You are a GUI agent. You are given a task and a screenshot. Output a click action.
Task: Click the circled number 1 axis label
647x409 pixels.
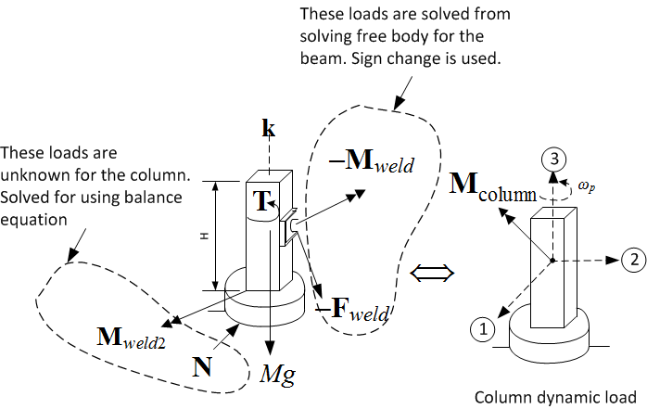click(x=480, y=326)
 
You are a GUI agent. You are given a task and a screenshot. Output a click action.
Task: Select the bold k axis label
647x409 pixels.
click(x=269, y=131)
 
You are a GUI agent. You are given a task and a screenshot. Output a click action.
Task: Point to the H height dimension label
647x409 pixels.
click(x=204, y=236)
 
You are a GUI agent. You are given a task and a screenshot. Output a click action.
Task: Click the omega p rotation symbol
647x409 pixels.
click(x=590, y=186)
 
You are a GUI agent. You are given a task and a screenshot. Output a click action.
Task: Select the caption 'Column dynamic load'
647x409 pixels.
click(x=555, y=396)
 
